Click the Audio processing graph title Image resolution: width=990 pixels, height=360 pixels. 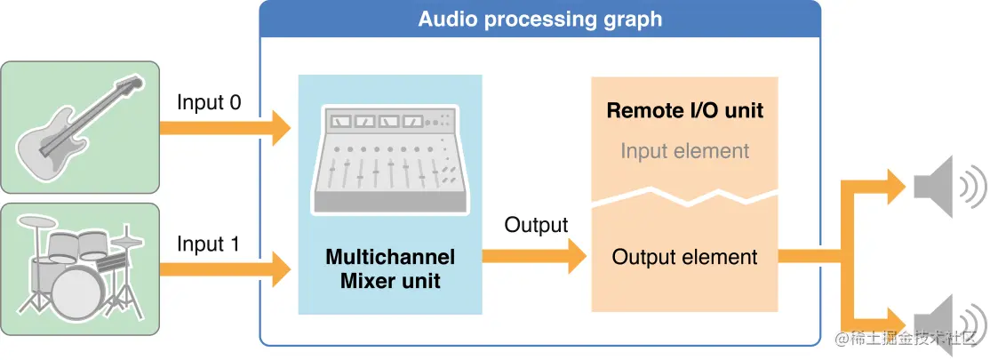click(x=539, y=19)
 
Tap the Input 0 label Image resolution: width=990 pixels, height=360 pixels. click(x=209, y=102)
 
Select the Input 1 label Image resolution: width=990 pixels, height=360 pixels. click(x=209, y=244)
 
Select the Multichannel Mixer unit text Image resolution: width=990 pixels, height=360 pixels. click(x=390, y=269)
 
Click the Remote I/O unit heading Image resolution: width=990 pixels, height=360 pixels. click(x=684, y=112)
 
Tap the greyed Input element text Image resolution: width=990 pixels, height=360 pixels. click(x=684, y=150)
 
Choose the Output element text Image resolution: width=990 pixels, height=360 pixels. click(x=684, y=258)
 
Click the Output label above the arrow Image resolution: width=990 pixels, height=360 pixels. click(x=536, y=225)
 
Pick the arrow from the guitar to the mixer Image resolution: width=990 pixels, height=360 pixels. click(x=226, y=128)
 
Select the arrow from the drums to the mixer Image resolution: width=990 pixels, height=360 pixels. click(x=226, y=265)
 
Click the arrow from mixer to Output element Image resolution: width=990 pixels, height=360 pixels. click(x=534, y=257)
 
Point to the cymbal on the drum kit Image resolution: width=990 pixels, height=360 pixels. click(x=130, y=239)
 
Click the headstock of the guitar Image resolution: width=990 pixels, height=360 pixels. click(x=130, y=85)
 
